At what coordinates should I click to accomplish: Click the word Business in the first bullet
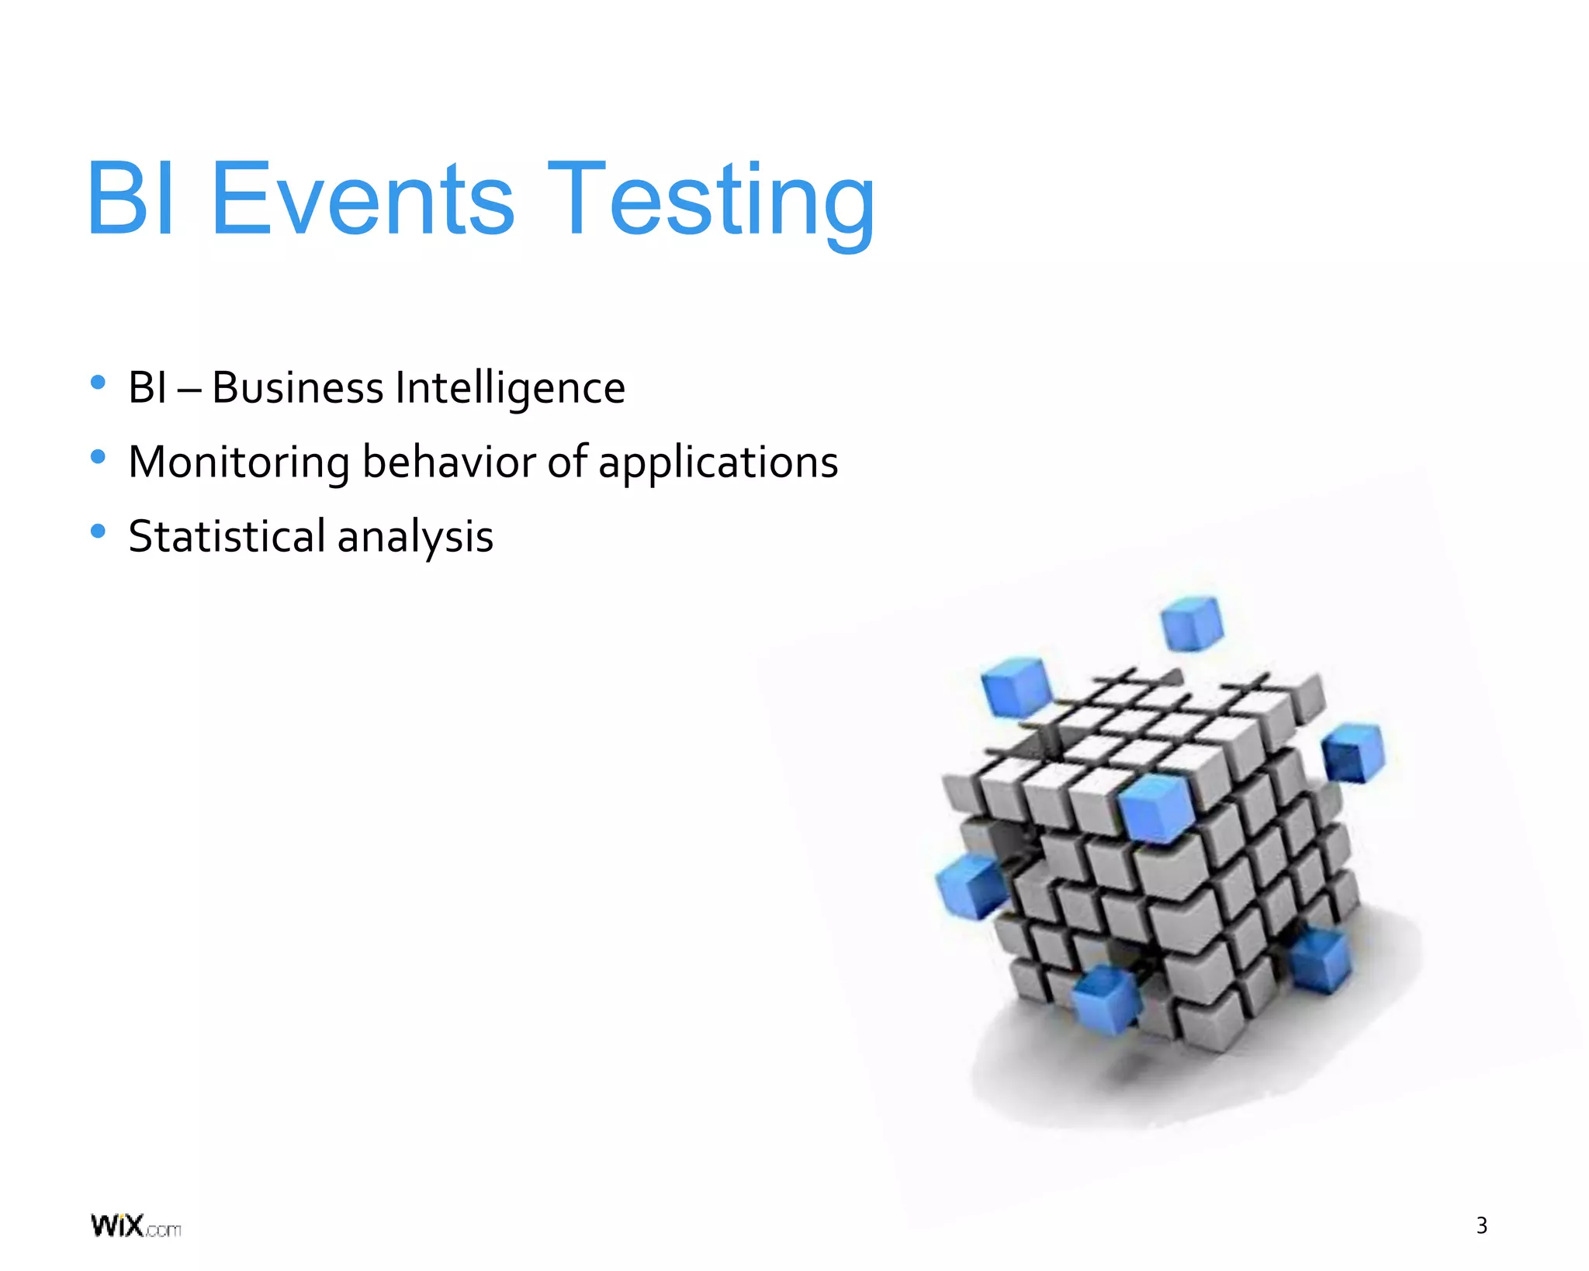[x=297, y=387]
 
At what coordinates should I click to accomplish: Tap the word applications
[x=718, y=463]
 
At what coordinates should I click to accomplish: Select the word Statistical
[x=227, y=536]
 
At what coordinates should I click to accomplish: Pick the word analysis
[x=415, y=538]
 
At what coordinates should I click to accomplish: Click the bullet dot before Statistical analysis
[x=98, y=532]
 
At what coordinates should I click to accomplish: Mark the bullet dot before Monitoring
[x=98, y=457]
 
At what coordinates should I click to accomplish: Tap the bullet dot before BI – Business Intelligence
[x=98, y=382]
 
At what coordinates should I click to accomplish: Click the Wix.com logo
[x=136, y=1226]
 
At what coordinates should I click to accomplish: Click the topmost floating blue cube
[x=1192, y=622]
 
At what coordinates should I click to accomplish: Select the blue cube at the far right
[x=1353, y=751]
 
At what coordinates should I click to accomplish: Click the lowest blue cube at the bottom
[x=1106, y=999]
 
